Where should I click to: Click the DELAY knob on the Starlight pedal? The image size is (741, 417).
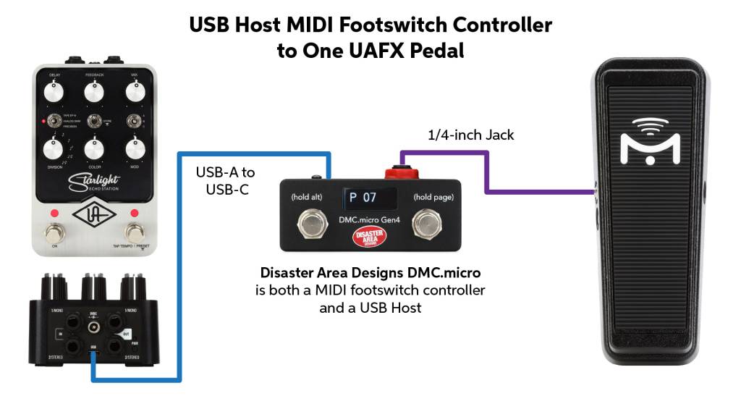click(x=54, y=92)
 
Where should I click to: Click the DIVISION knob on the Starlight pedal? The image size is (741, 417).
click(x=54, y=149)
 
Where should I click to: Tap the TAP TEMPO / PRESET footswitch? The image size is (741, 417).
click(x=135, y=234)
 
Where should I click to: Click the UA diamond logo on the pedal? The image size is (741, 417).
click(x=94, y=216)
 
